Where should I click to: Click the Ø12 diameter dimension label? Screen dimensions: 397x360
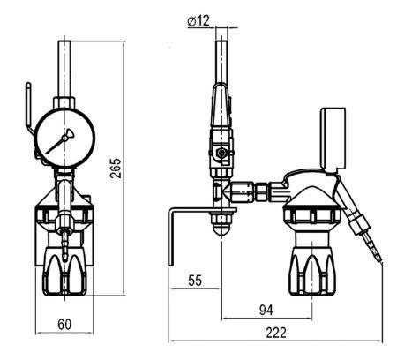[x=198, y=21]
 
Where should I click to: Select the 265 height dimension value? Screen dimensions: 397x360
[x=116, y=169]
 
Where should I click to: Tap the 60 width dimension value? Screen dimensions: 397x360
[x=64, y=325]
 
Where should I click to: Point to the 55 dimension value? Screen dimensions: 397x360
[x=195, y=281]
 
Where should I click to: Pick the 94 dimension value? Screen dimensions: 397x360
[x=266, y=311]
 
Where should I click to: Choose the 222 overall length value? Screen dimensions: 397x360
[x=276, y=333]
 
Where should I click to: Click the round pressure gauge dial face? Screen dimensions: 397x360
[x=65, y=138]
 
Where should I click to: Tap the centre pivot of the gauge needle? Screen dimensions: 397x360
[x=64, y=138]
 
